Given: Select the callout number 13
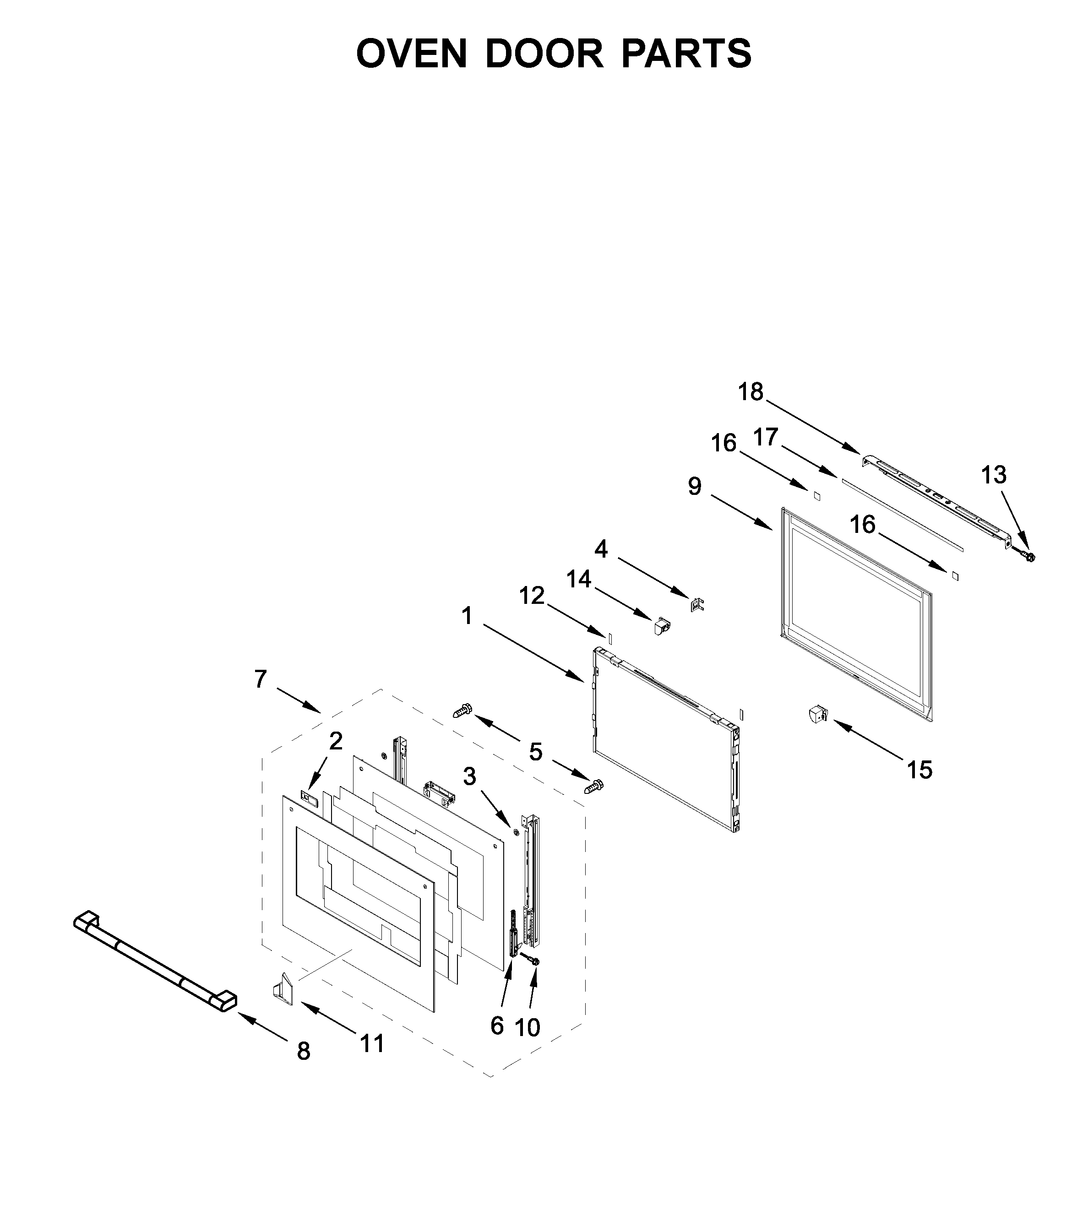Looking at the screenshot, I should click(x=994, y=475).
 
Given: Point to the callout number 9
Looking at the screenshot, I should click(x=694, y=487).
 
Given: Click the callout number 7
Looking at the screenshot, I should click(x=260, y=679).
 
